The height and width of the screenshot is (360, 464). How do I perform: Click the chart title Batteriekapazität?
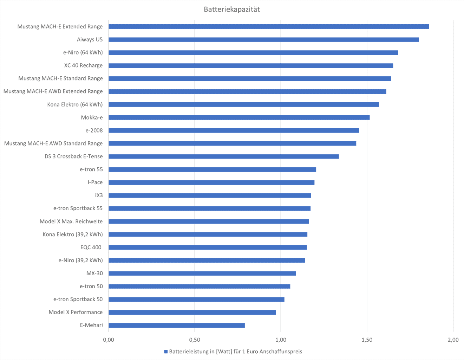[232, 9]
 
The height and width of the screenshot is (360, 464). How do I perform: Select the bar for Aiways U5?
[263, 39]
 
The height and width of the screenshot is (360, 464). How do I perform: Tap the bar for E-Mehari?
[177, 325]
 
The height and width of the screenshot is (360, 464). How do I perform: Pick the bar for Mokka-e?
[239, 117]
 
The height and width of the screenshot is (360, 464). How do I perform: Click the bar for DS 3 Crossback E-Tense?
[223, 156]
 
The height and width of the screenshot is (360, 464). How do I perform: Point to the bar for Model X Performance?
[192, 312]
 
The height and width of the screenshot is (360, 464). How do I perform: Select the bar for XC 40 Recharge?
[251, 66]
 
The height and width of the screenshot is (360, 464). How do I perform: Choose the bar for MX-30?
[202, 273]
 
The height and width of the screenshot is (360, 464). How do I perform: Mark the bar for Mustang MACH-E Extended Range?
[269, 26]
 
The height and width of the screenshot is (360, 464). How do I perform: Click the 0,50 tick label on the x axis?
[195, 340]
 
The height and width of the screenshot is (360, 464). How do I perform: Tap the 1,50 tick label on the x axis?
[367, 340]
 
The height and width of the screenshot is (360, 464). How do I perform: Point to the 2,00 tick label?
[453, 340]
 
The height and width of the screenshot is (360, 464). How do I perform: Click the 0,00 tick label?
[109, 340]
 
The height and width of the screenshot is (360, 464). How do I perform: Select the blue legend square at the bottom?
[166, 352]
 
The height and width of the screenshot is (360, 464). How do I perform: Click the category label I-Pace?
[95, 182]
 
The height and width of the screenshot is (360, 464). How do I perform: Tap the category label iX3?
[99, 195]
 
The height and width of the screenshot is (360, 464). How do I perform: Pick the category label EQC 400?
[91, 247]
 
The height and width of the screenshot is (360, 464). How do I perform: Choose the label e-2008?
[94, 130]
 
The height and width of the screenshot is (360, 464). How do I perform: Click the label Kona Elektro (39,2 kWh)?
[73, 234]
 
